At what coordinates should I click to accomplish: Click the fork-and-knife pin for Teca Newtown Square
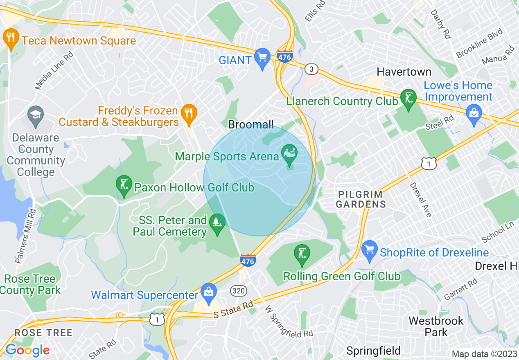[11, 38]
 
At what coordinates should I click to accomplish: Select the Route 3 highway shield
[311, 69]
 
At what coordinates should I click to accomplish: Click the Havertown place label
[404, 72]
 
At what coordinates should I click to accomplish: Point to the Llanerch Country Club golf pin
[408, 98]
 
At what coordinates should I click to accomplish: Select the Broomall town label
[251, 125]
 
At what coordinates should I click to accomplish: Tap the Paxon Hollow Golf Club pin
[124, 185]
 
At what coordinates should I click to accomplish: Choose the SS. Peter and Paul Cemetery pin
[217, 223]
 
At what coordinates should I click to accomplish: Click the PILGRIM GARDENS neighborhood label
[360, 199]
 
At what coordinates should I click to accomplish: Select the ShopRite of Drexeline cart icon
[370, 250]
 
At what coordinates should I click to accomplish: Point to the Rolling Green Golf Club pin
[302, 254]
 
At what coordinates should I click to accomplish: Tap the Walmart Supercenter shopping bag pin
[209, 293]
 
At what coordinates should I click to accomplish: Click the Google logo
[27, 350]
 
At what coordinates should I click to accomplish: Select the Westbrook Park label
[436, 326]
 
